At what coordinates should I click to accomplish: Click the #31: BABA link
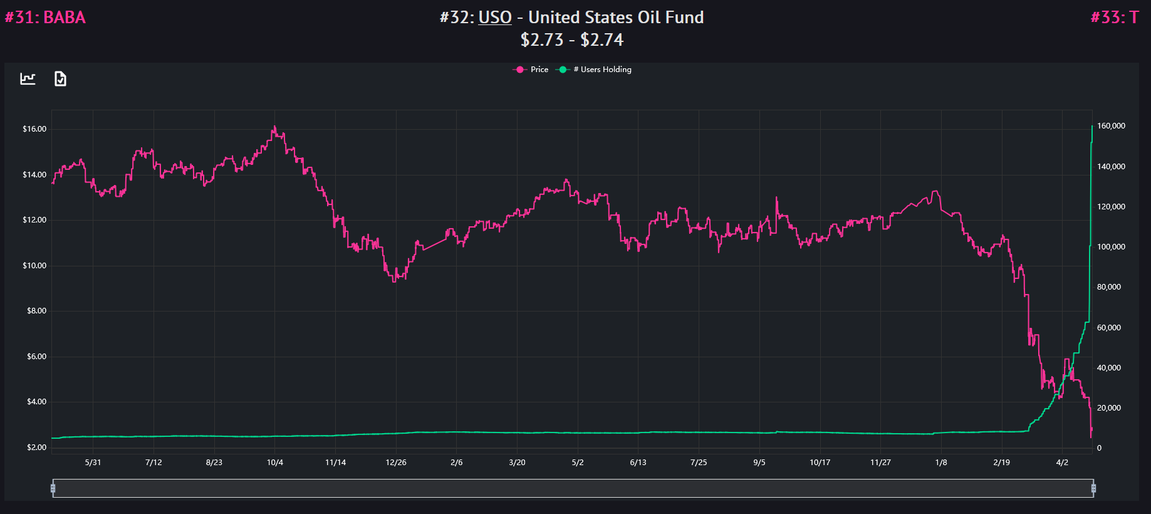(x=45, y=18)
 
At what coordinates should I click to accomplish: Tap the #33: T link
(x=1114, y=18)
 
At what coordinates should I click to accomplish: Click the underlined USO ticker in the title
(x=495, y=18)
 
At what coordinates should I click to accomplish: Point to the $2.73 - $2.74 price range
(x=571, y=40)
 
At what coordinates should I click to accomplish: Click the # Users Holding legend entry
(x=595, y=70)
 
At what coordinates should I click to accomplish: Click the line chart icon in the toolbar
(x=28, y=79)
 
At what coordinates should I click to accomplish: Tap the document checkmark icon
(x=60, y=79)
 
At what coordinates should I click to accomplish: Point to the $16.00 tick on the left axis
(x=34, y=129)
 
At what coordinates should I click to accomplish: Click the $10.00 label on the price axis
(x=34, y=266)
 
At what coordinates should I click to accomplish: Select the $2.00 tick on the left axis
(x=36, y=448)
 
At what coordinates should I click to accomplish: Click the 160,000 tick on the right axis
(x=1111, y=126)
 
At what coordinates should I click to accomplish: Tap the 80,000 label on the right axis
(x=1109, y=287)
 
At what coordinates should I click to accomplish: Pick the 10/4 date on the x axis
(x=275, y=463)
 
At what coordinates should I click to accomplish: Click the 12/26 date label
(x=396, y=463)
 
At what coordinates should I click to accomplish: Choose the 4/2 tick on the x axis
(x=1062, y=463)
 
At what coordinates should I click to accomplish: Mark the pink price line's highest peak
(x=274, y=127)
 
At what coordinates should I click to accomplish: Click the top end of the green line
(x=1092, y=127)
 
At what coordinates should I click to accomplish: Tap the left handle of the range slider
(x=53, y=488)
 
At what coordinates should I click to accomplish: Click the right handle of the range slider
(x=1093, y=488)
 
